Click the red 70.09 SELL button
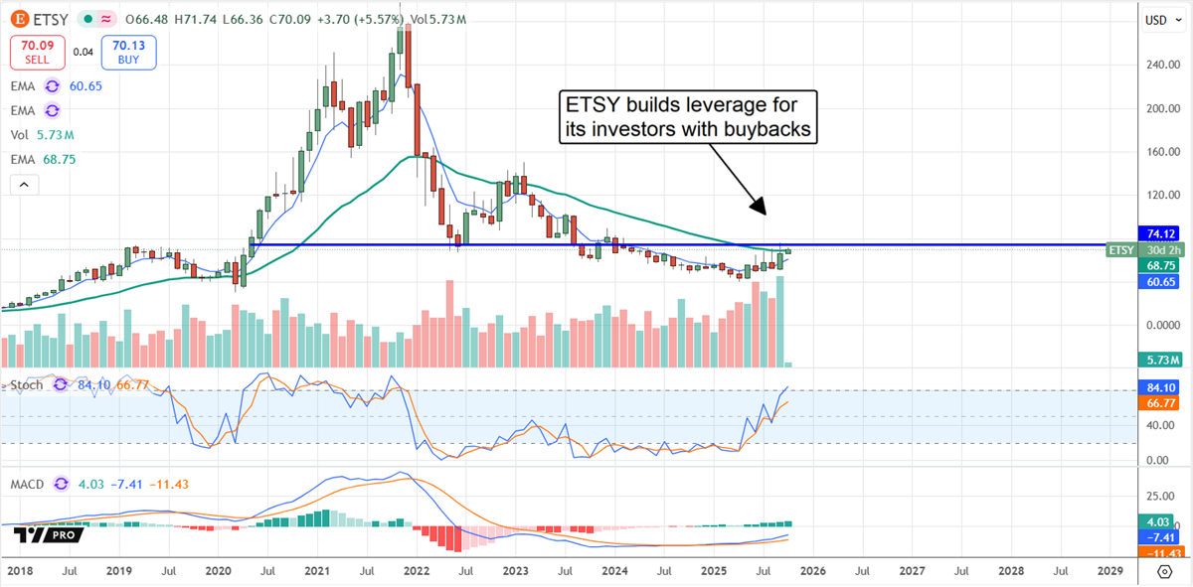pos(37,52)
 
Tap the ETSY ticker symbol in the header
pos(47,19)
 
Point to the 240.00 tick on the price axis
pos(1160,65)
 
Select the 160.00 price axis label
pos(1160,152)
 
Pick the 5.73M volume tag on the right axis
pos(1159,360)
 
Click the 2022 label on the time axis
pos(418,572)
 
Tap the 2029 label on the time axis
pos(1109,572)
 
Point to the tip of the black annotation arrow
pos(765,214)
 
